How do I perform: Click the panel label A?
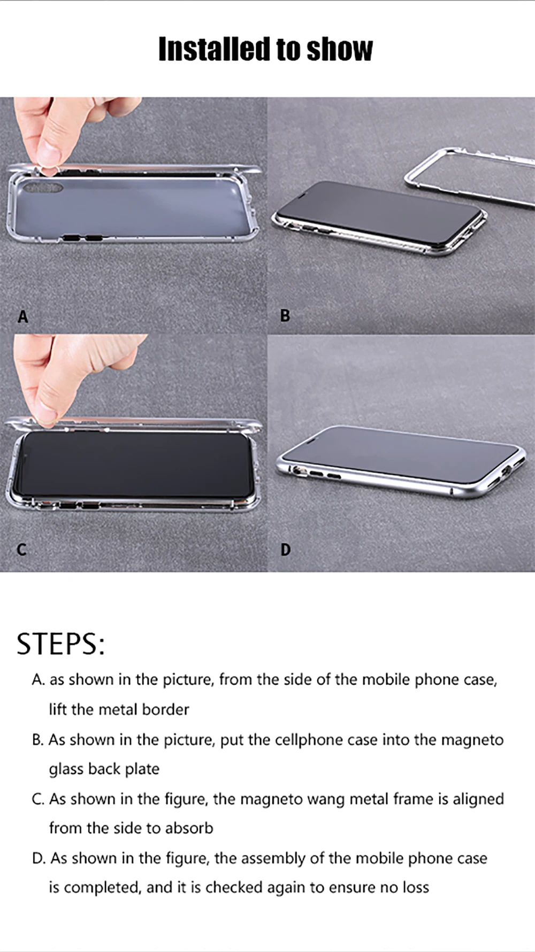[x=22, y=317]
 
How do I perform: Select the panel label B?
[x=285, y=316]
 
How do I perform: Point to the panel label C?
[x=21, y=549]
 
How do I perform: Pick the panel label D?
[x=286, y=549]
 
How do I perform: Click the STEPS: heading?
[x=60, y=644]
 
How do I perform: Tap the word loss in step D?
[x=416, y=887]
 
